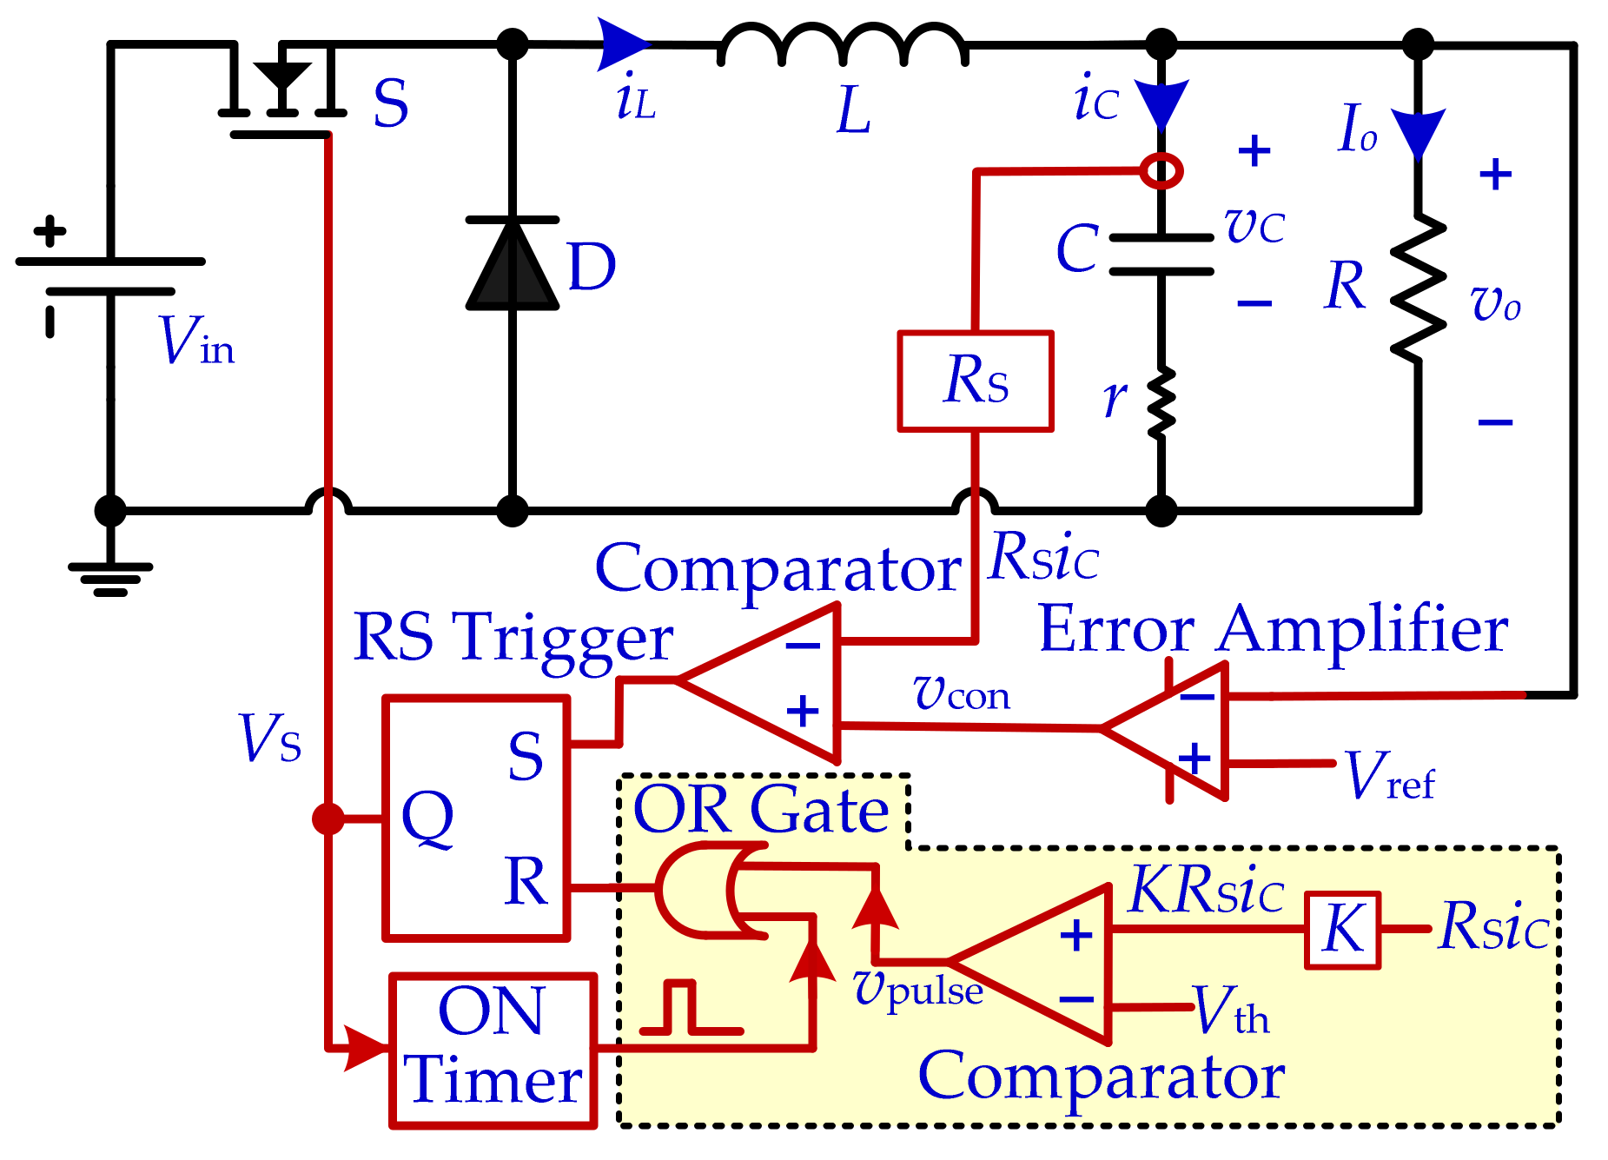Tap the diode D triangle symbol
(x=513, y=265)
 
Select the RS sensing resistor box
(x=976, y=381)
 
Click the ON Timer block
(x=493, y=1050)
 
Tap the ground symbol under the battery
(x=110, y=578)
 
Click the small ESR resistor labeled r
(x=1161, y=402)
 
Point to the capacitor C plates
(x=1161, y=255)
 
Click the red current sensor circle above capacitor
(x=1161, y=170)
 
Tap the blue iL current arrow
(x=622, y=44)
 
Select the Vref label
(x=1388, y=776)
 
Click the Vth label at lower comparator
(x=1230, y=1011)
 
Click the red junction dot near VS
(x=328, y=819)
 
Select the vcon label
(x=962, y=694)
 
